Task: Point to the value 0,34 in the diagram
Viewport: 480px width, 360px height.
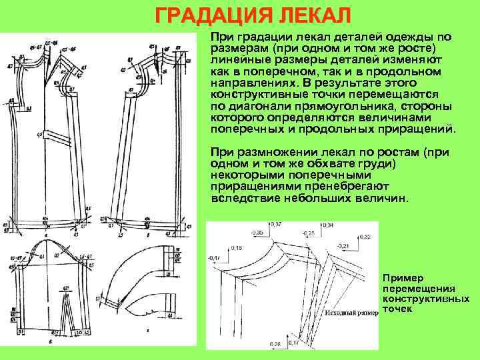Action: (328, 227)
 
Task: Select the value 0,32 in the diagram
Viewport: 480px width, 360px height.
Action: (365, 237)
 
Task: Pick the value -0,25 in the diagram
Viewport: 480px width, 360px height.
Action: (307, 235)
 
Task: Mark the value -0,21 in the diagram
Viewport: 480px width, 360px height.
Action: (343, 246)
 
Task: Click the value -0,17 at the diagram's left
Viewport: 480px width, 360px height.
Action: (214, 257)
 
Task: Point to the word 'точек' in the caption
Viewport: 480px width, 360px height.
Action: (399, 310)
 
